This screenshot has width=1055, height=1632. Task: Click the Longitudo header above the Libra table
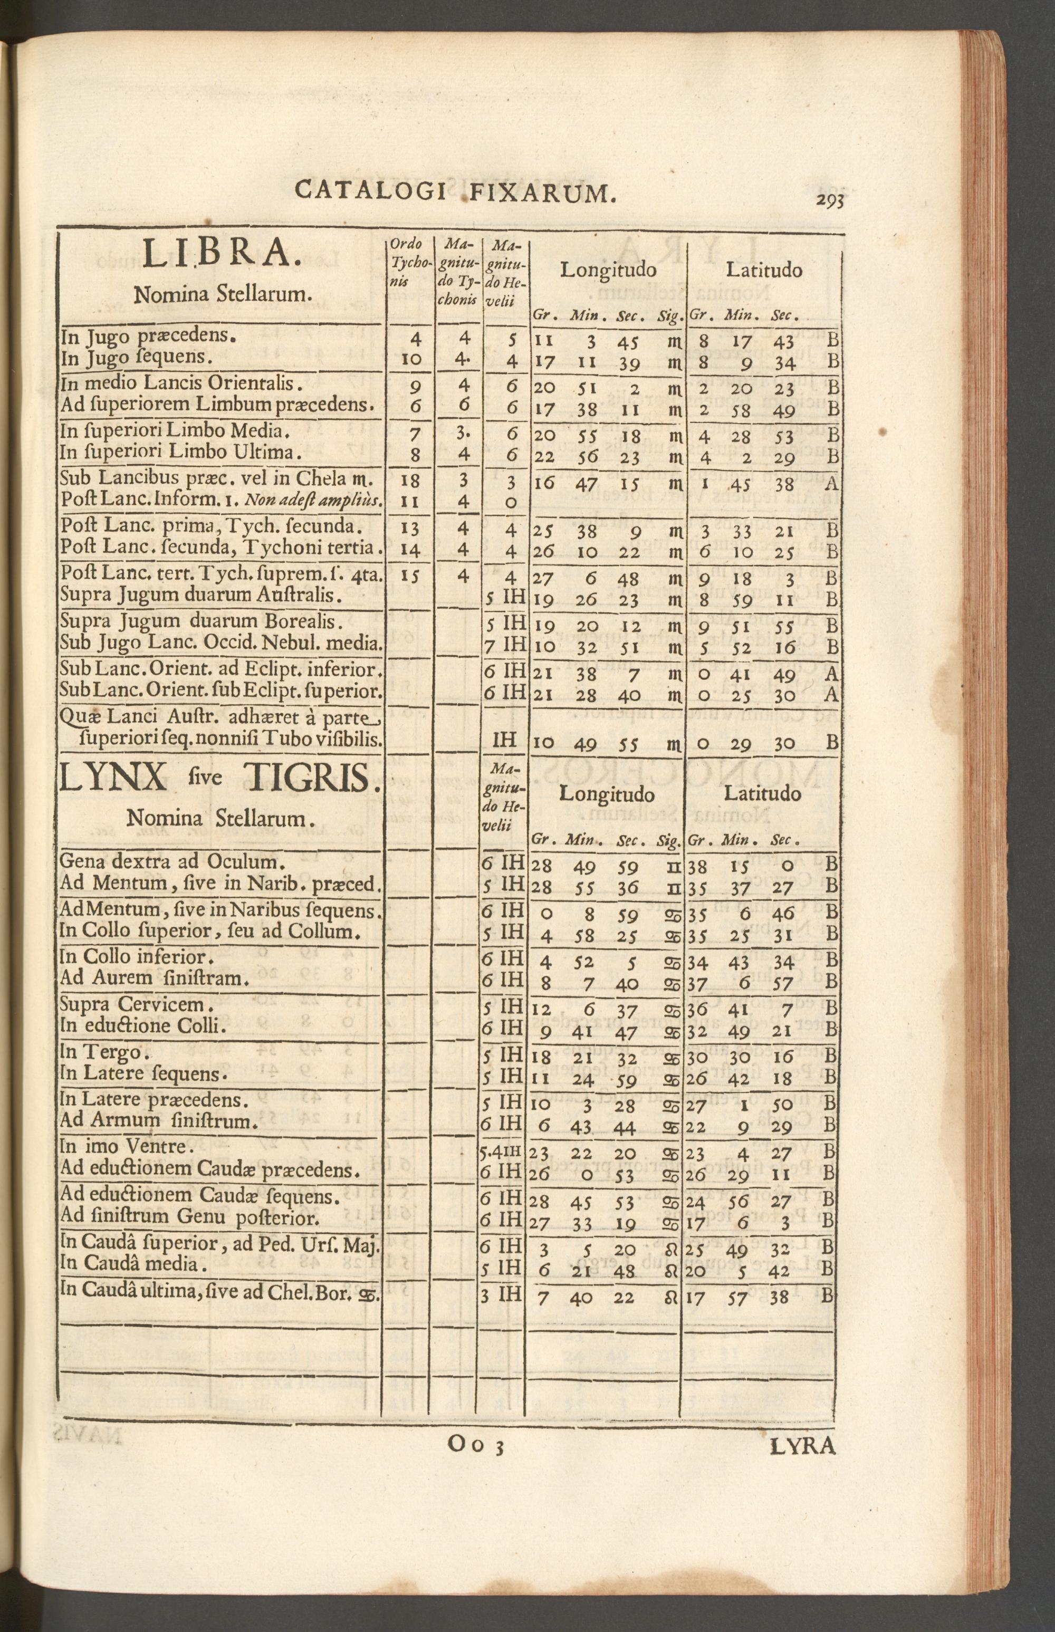608,270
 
